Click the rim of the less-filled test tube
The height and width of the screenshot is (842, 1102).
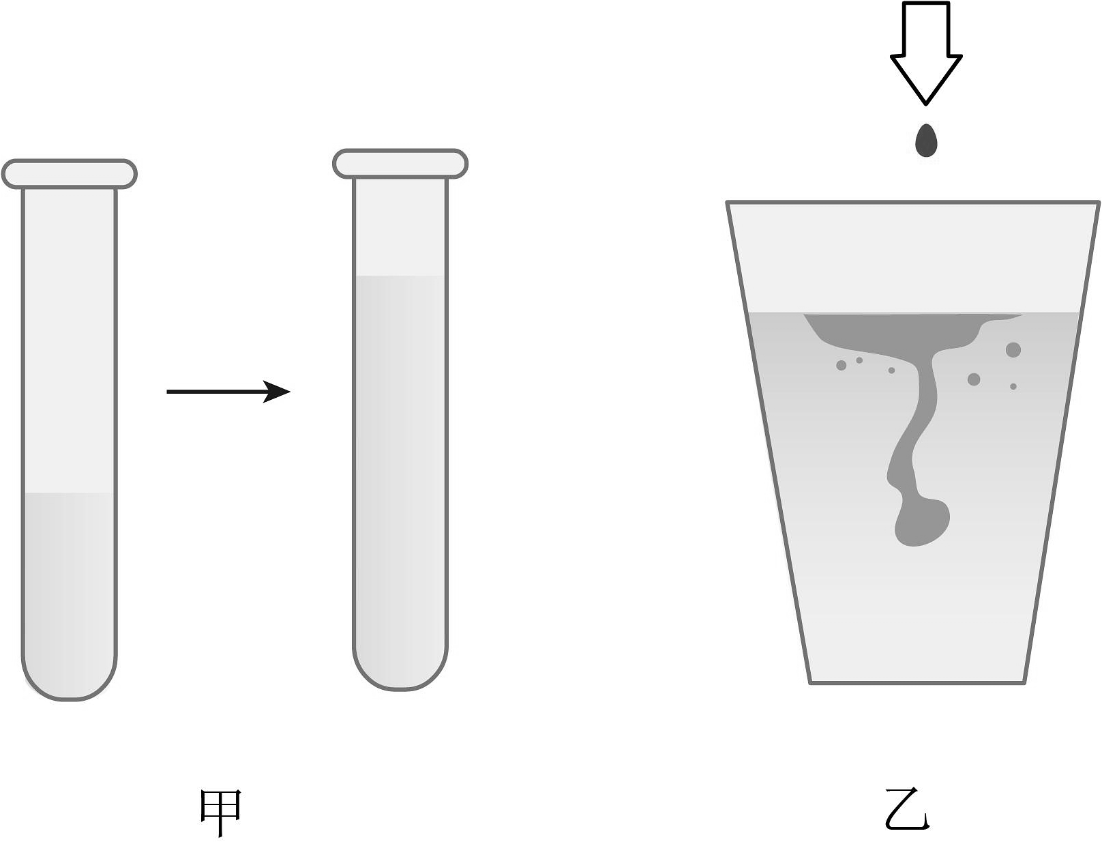point(69,174)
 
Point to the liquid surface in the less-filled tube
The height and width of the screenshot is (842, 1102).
point(69,493)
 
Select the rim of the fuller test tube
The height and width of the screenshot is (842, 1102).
point(400,164)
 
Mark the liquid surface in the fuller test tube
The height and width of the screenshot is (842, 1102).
point(400,276)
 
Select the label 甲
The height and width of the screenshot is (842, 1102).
point(221,812)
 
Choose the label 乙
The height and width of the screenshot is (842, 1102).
point(908,810)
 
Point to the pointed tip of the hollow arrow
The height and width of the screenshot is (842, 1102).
point(926,103)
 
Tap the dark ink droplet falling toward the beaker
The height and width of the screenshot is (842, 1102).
point(925,141)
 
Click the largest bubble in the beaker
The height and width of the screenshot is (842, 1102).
point(1013,350)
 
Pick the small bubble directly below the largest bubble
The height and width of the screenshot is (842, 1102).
point(1013,387)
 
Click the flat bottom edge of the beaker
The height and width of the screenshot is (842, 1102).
point(917,682)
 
